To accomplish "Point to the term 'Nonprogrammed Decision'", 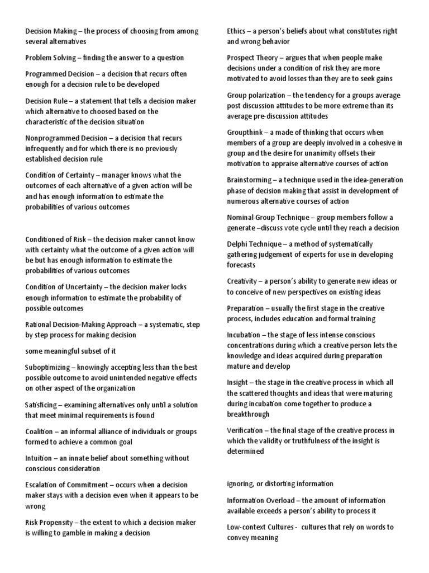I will coord(63,138).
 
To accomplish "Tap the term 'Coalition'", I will coord(39,431).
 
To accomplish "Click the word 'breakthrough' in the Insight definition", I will coord(248,414).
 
